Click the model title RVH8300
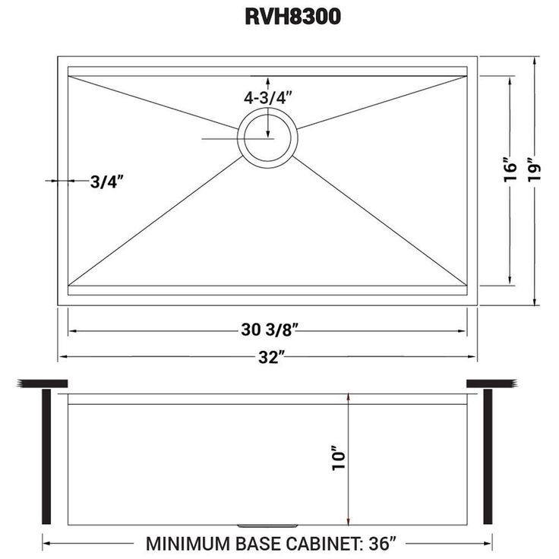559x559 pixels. pyautogui.click(x=292, y=17)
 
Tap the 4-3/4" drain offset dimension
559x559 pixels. pyautogui.click(x=268, y=98)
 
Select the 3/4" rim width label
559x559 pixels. pyautogui.click(x=106, y=182)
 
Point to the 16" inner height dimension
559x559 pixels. pyautogui.click(x=510, y=172)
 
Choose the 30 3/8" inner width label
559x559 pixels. pyautogui.click(x=269, y=330)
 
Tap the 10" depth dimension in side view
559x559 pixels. pyautogui.click(x=339, y=458)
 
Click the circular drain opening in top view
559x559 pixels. pyautogui.click(x=267, y=137)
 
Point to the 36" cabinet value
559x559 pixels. pyautogui.click(x=383, y=544)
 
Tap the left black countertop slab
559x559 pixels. pyautogui.click(x=43, y=384)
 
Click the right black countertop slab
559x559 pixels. pyautogui.click(x=492, y=384)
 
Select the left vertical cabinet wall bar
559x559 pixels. pyautogui.click(x=46, y=456)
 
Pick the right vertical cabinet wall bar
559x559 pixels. pyautogui.click(x=488, y=456)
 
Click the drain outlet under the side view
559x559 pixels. pyautogui.click(x=267, y=526)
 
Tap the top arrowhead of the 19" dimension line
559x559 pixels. pyautogui.click(x=535, y=61)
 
